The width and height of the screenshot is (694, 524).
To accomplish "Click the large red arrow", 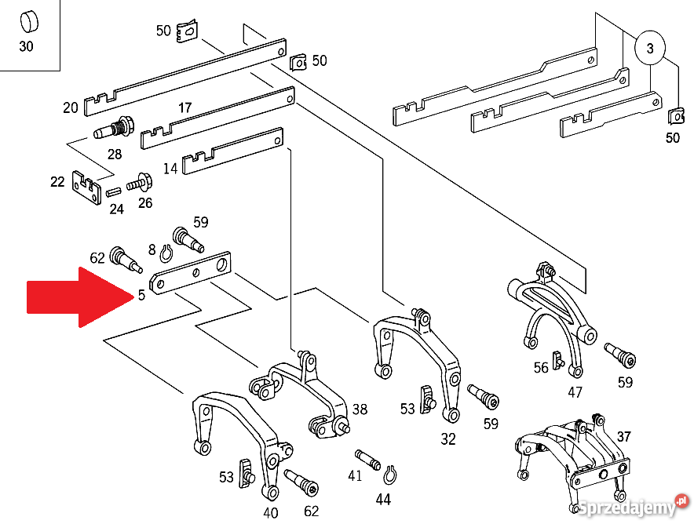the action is (79, 297).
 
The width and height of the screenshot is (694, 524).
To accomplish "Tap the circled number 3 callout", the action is (650, 48).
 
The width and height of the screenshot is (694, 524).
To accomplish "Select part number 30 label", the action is (26, 46).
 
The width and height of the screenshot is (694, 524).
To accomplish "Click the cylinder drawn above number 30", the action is (29, 22).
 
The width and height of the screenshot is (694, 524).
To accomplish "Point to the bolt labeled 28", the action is (113, 129).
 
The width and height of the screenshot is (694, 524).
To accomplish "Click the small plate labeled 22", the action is (86, 187).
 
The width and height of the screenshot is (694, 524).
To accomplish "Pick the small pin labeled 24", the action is (114, 192).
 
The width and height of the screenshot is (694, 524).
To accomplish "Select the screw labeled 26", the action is (140, 182).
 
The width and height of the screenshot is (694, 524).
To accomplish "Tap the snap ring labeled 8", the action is (166, 253).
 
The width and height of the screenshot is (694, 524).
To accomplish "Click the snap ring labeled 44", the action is (390, 475).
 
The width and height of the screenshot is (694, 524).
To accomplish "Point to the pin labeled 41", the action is (367, 460).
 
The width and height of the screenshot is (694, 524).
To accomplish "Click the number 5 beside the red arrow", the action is (141, 294).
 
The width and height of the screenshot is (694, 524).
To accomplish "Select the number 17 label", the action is (185, 107).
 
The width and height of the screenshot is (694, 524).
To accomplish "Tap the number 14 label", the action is (170, 169).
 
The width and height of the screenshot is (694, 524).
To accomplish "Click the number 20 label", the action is (71, 107).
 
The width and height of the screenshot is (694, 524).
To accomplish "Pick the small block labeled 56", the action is (557, 360).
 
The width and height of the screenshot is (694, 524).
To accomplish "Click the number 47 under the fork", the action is (575, 391).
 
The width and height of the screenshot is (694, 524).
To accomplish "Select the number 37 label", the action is (623, 436).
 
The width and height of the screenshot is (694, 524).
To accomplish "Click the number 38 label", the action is (360, 409).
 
